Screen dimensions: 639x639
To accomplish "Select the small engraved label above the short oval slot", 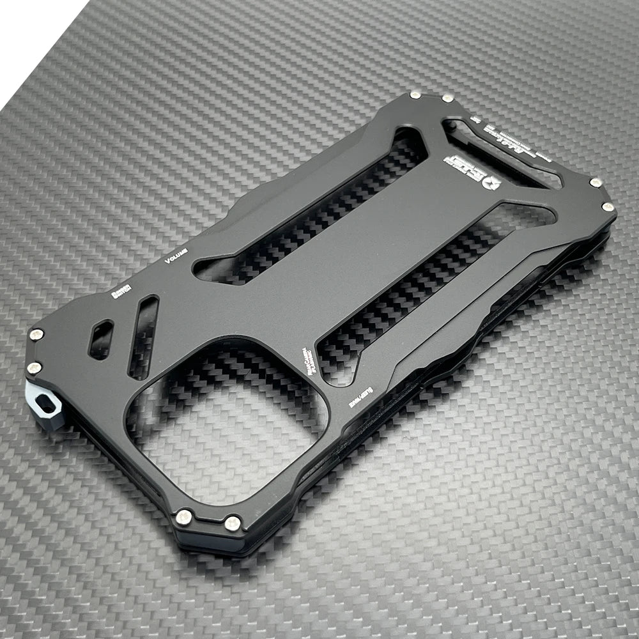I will pyautogui.click(x=120, y=291).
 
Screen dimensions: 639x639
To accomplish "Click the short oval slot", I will pyautogui.click(x=101, y=339).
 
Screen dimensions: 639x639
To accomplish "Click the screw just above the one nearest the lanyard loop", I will pyautogui.click(x=36, y=334).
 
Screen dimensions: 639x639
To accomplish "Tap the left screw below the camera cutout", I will pyautogui.click(x=184, y=517).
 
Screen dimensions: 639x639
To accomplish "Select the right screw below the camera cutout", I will pyautogui.click(x=233, y=523).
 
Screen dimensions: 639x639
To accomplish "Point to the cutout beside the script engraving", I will pyautogui.click(x=498, y=153).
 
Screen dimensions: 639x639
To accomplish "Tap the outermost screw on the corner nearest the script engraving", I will pyautogui.click(x=608, y=207).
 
